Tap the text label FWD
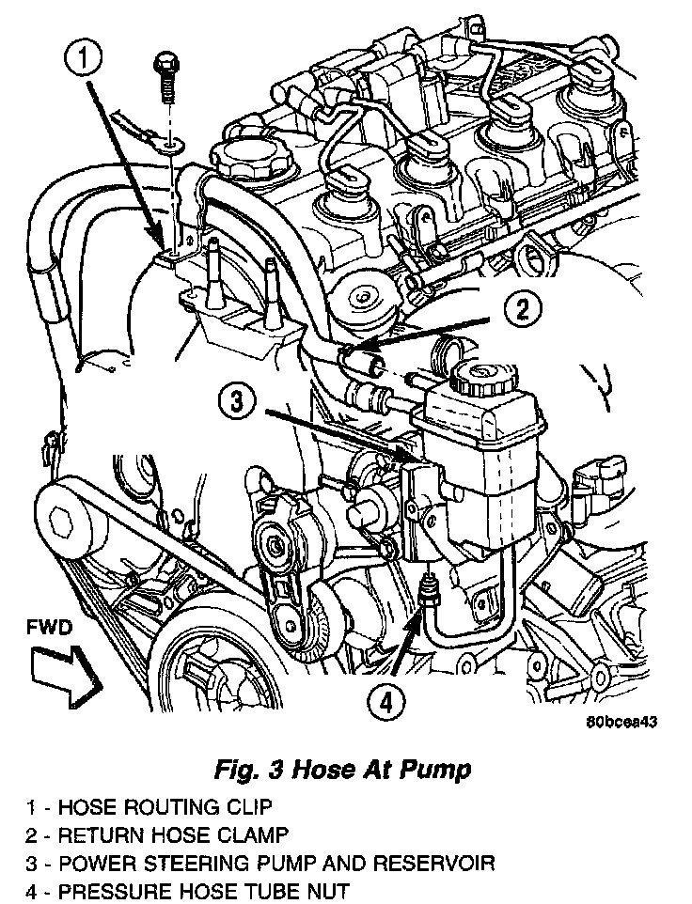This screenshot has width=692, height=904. [48, 626]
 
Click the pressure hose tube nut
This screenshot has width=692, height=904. [430, 591]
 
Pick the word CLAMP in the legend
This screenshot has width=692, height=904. [259, 834]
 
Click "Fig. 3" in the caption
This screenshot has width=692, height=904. [246, 770]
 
